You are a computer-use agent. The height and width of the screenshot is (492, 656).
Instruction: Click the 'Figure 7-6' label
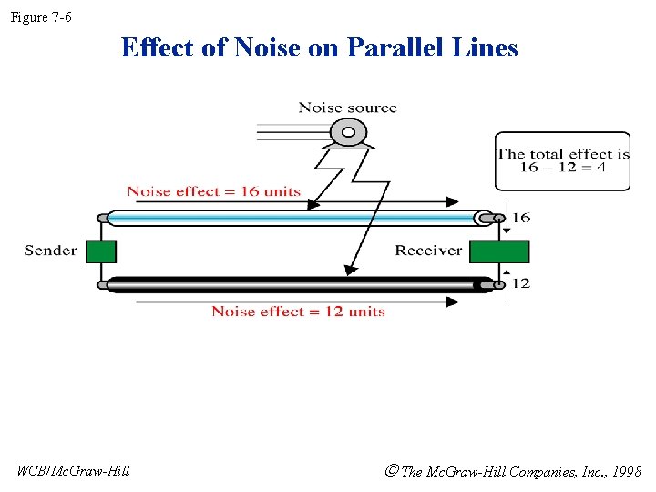(x=41, y=18)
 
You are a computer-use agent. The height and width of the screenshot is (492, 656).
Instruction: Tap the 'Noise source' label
(x=347, y=108)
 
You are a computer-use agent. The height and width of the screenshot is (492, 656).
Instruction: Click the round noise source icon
(x=346, y=133)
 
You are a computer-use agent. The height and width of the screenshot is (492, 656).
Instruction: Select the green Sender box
(x=101, y=251)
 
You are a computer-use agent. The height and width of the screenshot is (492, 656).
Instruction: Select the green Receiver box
(x=498, y=251)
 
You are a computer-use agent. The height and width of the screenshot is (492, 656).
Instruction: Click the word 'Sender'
(x=51, y=251)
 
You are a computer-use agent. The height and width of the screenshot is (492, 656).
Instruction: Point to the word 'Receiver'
(x=427, y=251)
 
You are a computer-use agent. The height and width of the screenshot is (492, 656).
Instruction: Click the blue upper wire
(x=292, y=218)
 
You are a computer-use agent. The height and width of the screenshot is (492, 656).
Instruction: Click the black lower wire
(x=292, y=284)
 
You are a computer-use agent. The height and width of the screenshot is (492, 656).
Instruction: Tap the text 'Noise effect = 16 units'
(x=213, y=191)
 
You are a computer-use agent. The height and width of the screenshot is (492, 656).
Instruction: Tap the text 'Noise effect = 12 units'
(x=298, y=312)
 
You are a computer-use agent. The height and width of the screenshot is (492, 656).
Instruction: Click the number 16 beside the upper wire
(x=521, y=218)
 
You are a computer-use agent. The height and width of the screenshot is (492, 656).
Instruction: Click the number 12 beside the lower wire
(x=521, y=283)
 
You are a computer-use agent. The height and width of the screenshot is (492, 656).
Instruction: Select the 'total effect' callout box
(x=562, y=161)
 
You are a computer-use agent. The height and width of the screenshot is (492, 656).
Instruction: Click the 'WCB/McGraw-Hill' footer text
(x=74, y=471)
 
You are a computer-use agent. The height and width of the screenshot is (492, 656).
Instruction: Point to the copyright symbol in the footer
(x=392, y=471)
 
